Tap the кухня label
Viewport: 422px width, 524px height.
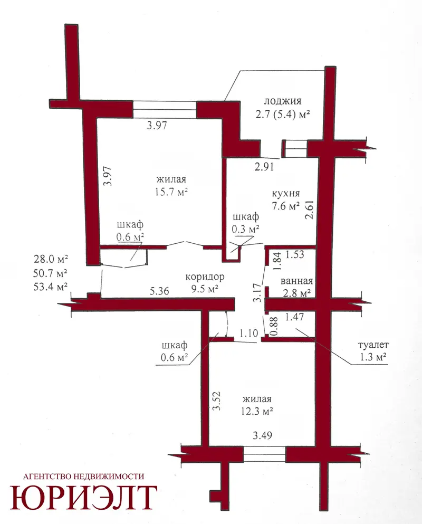tap(286, 194)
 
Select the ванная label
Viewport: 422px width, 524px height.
tap(296, 281)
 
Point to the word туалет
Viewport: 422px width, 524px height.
tap(373, 345)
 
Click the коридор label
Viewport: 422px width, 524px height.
tap(205, 277)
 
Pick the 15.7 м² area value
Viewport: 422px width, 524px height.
tap(171, 192)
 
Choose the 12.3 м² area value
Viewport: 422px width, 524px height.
tap(257, 411)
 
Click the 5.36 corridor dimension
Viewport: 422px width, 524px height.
tap(159, 291)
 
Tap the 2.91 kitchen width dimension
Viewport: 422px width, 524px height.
tap(264, 166)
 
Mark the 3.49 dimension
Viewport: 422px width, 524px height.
tap(262, 435)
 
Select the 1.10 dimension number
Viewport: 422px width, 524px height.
tap(248, 333)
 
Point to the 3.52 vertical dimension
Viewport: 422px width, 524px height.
tap(217, 401)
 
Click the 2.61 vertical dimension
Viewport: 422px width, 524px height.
tap(310, 209)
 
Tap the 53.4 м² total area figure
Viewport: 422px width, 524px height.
tap(51, 287)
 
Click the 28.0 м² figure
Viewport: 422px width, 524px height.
tap(51, 259)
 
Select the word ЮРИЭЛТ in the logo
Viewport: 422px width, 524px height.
tap(83, 498)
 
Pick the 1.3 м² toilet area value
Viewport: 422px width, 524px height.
tap(373, 357)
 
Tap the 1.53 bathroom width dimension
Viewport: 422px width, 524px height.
tap(295, 254)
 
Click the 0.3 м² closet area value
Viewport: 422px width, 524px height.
tap(246, 229)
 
